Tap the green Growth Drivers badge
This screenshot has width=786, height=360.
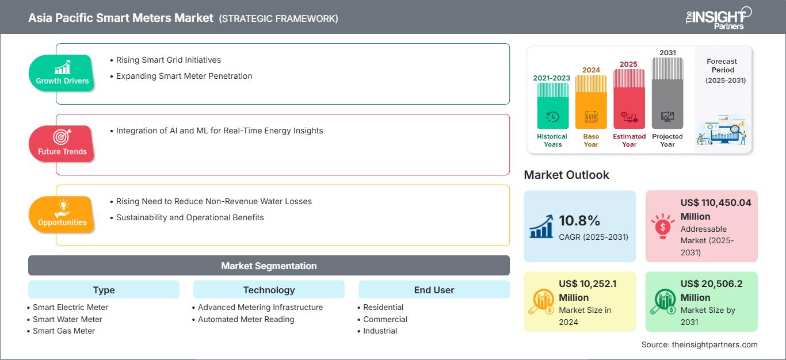point(62,72)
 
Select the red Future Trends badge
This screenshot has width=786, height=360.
point(62,143)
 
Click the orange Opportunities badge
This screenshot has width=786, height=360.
point(62,214)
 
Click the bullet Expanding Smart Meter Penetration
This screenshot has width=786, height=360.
point(184,76)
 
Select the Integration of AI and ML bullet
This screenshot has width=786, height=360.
point(219,131)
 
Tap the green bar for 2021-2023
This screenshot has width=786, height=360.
point(552,106)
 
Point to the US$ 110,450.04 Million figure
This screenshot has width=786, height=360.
point(715,209)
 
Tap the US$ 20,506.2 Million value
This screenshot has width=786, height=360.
point(716,290)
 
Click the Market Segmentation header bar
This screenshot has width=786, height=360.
point(269,266)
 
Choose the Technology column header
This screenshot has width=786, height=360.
point(269,290)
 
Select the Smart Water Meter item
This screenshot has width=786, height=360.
point(67,319)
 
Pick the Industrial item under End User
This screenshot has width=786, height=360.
point(380,331)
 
